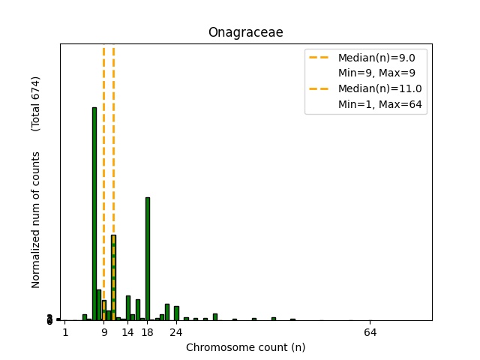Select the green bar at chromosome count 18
[x=148, y=259]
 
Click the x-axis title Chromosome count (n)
[x=245, y=347]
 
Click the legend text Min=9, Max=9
[x=376, y=73]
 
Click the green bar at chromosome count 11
[x=114, y=277]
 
